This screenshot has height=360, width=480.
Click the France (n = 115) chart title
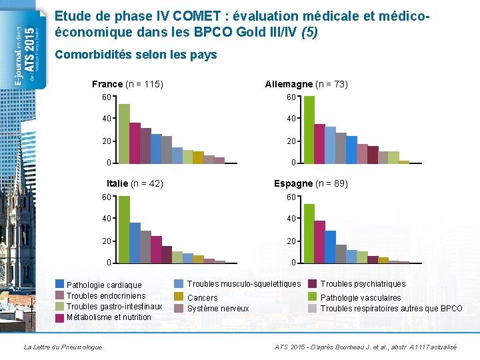point(127,84)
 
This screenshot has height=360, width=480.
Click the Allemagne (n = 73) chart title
point(306,84)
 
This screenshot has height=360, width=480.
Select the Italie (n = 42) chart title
point(135,183)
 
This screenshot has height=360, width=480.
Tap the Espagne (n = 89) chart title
point(311,183)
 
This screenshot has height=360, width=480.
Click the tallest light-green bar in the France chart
point(124,133)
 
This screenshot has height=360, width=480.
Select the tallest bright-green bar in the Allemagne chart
point(309,129)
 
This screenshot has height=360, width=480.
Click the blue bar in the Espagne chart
point(330,247)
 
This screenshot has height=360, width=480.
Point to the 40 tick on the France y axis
point(107,119)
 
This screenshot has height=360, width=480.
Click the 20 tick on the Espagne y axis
point(291,241)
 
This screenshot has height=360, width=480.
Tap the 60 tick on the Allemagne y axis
point(291,97)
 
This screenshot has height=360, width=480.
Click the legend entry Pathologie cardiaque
point(104,285)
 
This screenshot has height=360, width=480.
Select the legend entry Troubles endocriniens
point(105,296)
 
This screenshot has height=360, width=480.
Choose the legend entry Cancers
point(202,298)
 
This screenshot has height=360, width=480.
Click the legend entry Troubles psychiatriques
point(362,284)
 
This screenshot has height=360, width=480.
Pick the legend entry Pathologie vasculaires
point(360,298)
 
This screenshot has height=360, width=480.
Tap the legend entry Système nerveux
point(217,308)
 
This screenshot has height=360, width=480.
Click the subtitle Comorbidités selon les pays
point(136,55)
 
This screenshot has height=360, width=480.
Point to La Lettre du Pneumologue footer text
point(63,347)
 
